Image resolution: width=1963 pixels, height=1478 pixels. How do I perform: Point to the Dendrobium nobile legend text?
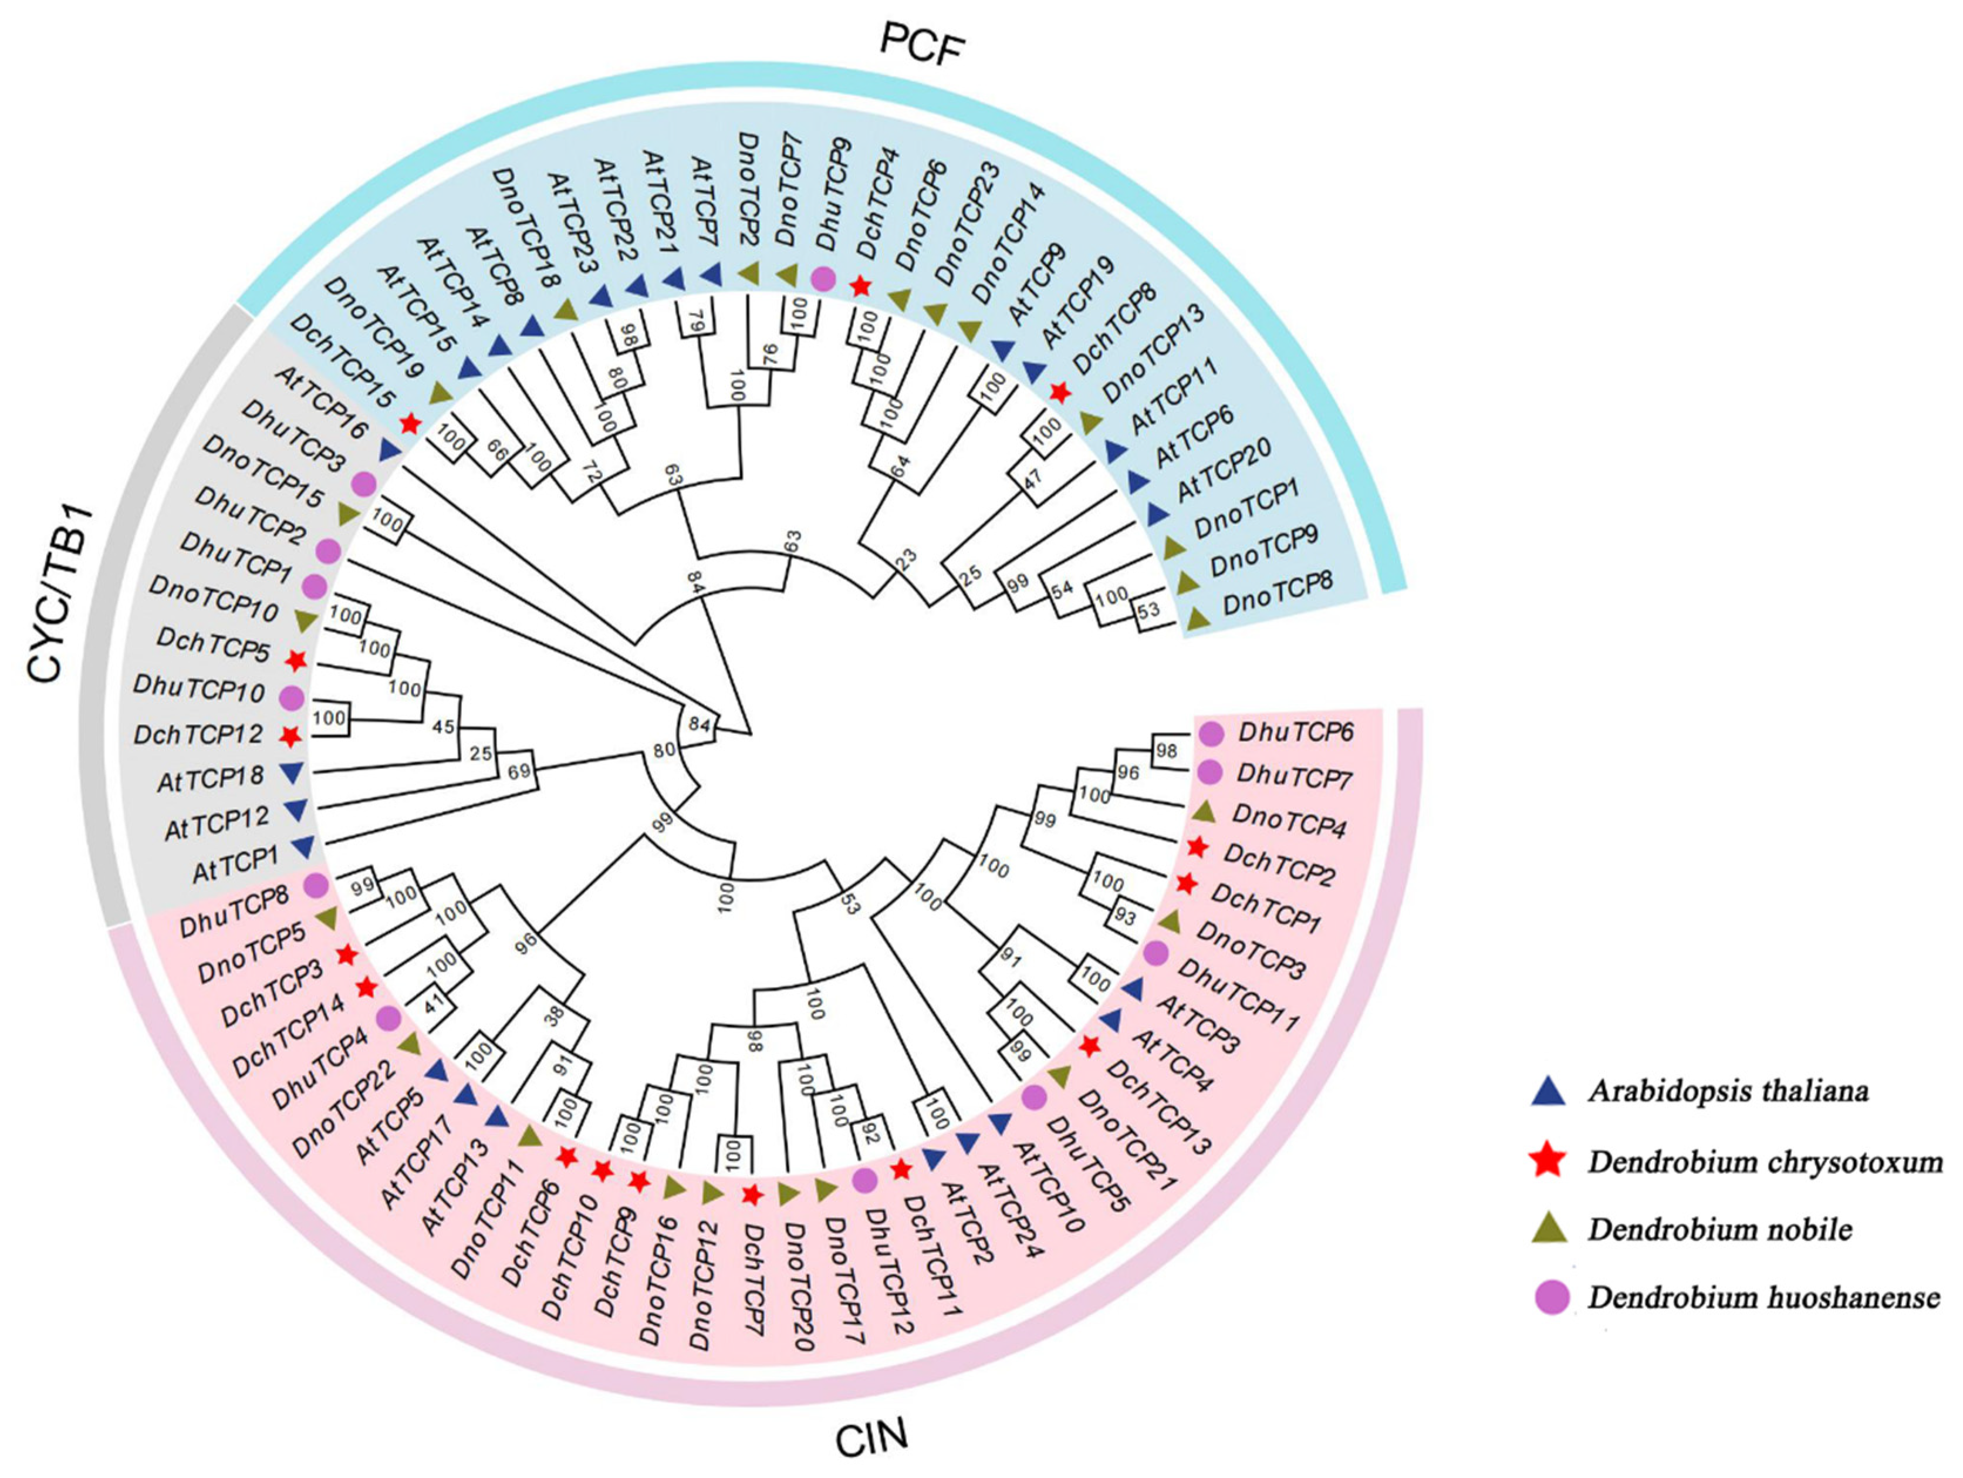click(1720, 1230)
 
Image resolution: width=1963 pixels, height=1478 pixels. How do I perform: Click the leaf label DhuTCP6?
click(1296, 733)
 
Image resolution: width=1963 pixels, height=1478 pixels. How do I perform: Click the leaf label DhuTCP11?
click(1238, 994)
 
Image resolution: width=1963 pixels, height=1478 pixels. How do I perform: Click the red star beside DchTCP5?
click(296, 660)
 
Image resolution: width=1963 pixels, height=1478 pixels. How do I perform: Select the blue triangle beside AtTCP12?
click(296, 809)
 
